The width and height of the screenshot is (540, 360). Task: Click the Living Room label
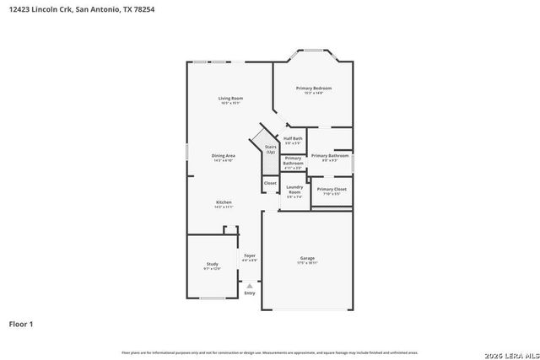tap(231, 99)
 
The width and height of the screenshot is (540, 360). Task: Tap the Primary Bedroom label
tap(313, 89)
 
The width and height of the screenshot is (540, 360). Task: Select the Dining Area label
tap(224, 156)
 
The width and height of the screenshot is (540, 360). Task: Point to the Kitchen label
tap(224, 202)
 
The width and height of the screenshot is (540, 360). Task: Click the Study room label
tap(212, 265)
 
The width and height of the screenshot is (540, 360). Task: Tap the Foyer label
tap(250, 255)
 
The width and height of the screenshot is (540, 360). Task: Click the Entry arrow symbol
tap(250, 286)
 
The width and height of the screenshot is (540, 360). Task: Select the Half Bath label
tap(293, 138)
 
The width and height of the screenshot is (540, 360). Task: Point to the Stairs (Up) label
tap(271, 148)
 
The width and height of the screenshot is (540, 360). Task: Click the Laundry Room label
tap(294, 189)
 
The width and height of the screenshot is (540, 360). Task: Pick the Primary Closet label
tap(332, 189)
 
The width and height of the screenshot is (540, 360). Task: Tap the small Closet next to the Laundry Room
tap(270, 182)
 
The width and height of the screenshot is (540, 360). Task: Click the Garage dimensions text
tap(307, 263)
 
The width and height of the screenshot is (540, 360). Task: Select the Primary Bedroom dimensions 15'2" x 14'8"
tap(314, 94)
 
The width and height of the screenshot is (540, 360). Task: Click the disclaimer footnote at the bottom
tap(269, 352)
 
